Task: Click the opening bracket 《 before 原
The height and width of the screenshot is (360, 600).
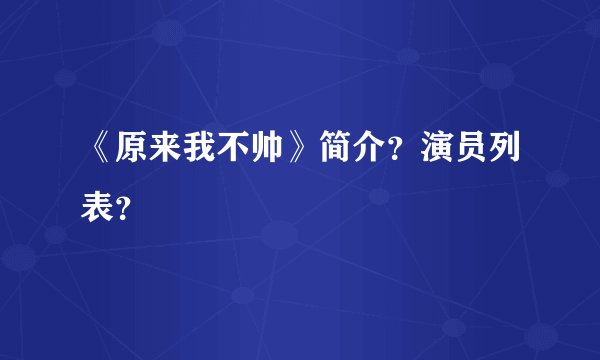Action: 98,150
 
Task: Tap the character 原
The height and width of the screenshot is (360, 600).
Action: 131,150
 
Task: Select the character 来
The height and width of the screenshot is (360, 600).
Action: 166,150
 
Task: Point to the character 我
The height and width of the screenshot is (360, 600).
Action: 201,150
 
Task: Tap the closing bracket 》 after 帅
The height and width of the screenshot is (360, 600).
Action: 302,150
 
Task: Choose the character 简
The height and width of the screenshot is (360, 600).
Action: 337,150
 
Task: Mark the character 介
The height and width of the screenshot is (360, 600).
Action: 372,150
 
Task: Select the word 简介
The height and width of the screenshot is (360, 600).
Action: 354,150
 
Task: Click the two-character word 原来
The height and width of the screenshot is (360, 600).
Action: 148,150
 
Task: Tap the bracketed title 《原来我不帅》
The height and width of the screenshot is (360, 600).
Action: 200,150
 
